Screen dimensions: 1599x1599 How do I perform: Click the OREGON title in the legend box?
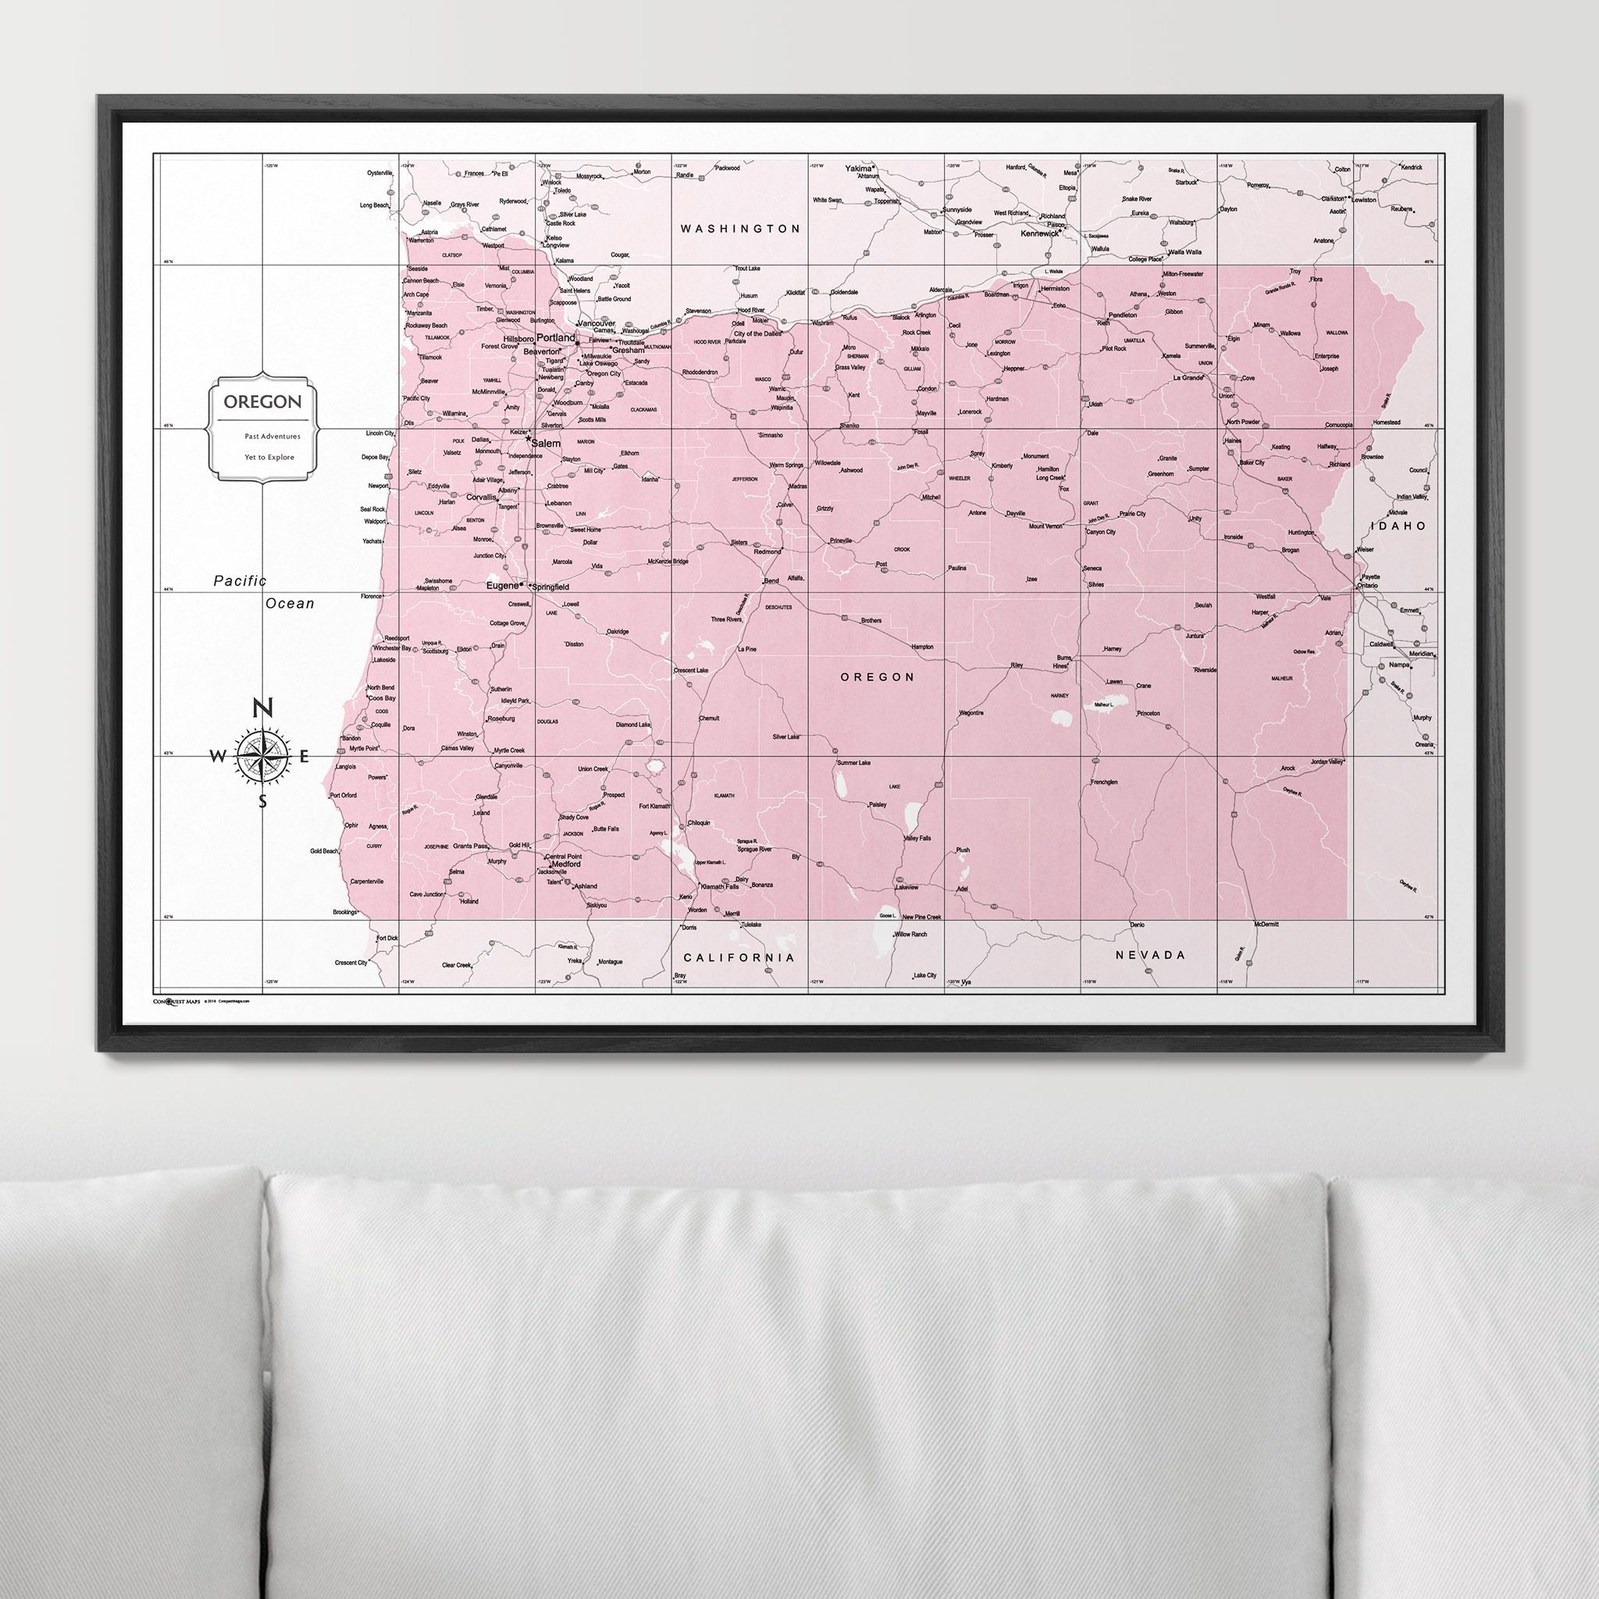262,402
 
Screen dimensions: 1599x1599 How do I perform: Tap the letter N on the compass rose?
262,707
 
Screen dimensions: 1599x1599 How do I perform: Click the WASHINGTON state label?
740,229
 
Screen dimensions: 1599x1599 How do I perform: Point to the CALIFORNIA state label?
739,957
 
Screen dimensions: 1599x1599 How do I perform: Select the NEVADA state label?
1150,955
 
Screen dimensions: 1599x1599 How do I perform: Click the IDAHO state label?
1398,525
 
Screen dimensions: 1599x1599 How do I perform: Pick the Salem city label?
546,443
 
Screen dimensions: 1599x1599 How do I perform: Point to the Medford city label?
565,864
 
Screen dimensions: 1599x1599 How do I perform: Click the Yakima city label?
858,168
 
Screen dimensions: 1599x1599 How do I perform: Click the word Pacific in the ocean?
240,581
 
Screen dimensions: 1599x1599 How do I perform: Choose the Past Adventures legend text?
272,436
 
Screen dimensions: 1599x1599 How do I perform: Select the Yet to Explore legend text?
269,457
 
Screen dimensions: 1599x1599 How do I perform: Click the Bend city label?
770,581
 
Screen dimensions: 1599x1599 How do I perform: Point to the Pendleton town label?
1122,315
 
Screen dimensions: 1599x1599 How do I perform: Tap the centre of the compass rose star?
263,755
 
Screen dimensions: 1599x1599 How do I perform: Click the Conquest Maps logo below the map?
176,1001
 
